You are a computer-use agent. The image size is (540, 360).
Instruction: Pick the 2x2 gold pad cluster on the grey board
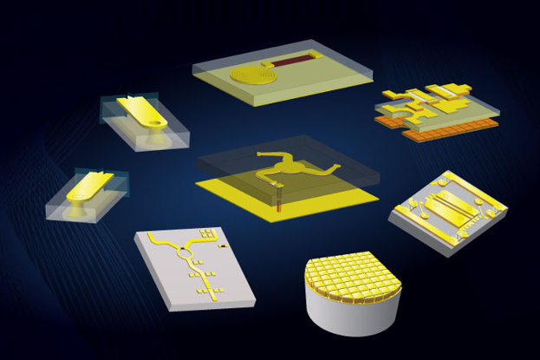tap(208, 232)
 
